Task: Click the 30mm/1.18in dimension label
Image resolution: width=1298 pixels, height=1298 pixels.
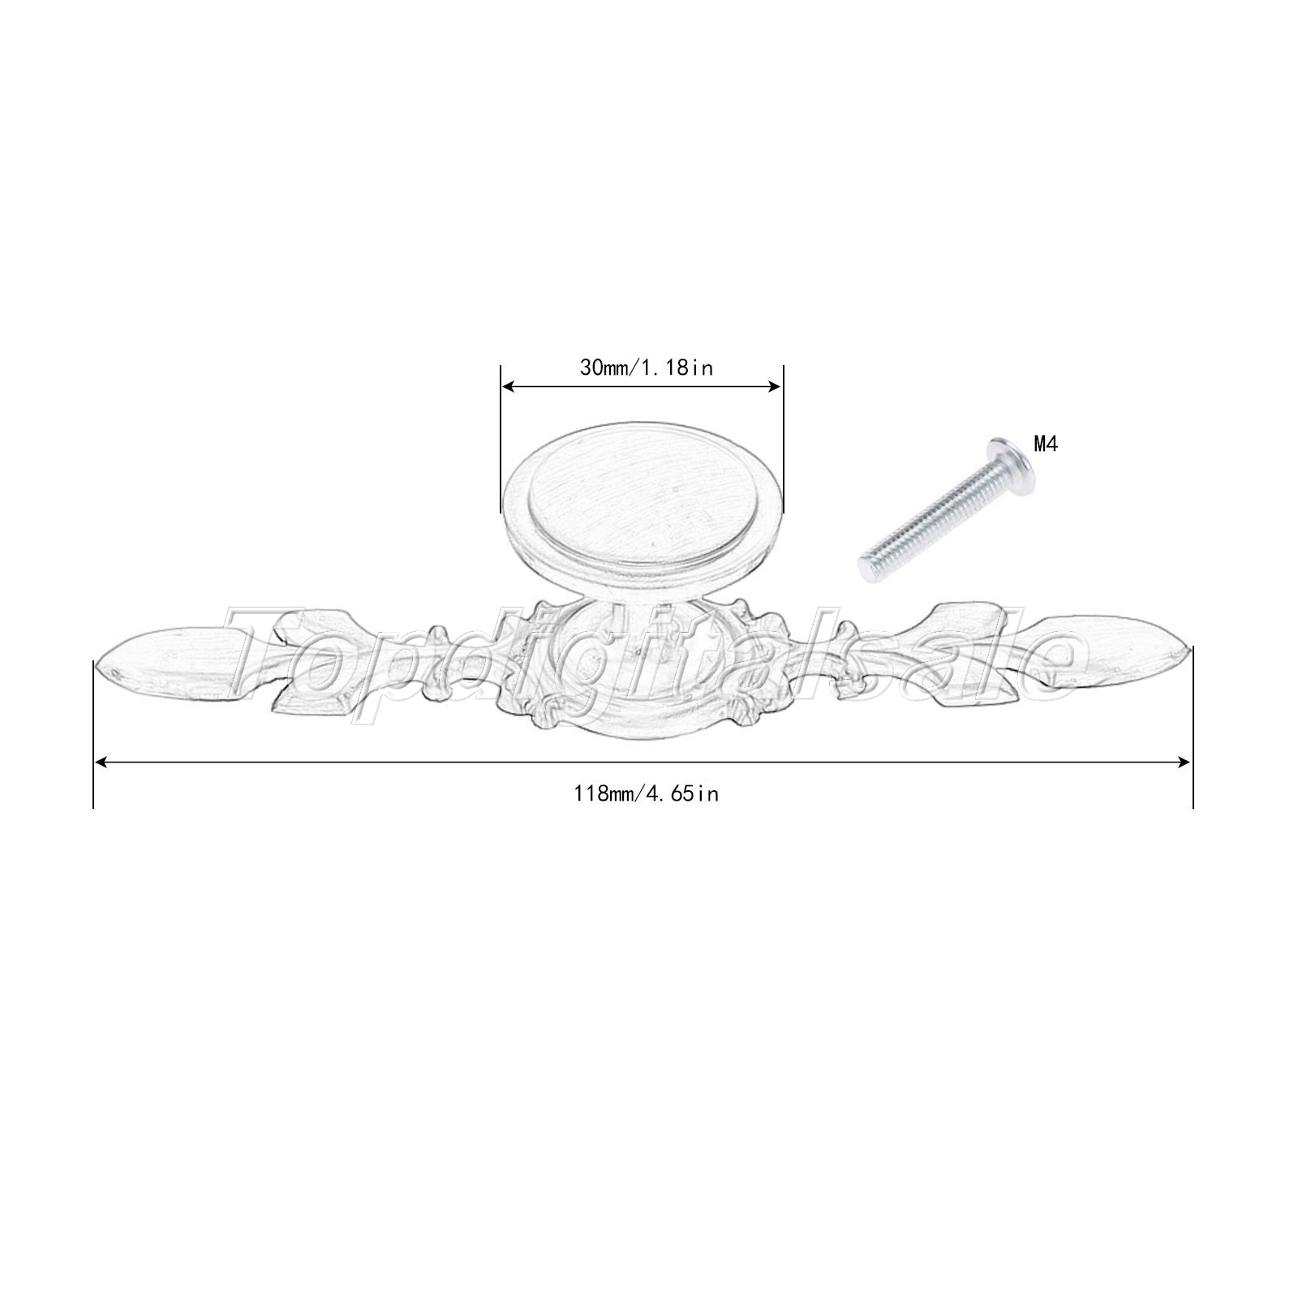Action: (x=646, y=367)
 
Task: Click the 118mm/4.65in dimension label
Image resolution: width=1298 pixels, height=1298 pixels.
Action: (x=646, y=794)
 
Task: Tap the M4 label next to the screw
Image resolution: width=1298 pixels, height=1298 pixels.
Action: (x=1046, y=444)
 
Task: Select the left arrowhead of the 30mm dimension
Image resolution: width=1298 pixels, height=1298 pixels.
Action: (x=509, y=388)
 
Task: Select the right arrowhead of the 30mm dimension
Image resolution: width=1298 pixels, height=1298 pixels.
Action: (x=773, y=388)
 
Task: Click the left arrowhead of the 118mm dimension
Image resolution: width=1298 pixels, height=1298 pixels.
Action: (x=103, y=762)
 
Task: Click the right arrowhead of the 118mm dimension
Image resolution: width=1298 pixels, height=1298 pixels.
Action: (x=1183, y=762)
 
